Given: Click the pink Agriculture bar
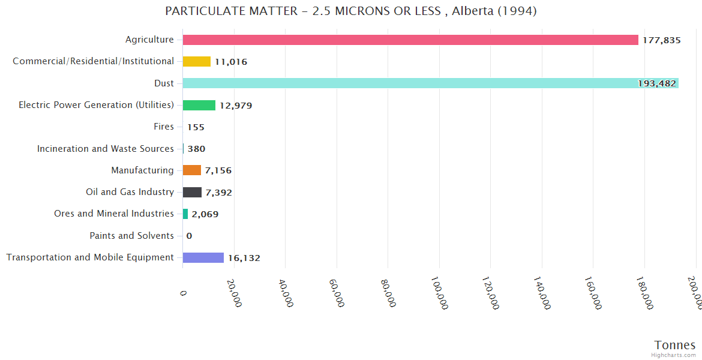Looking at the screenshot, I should [410, 40].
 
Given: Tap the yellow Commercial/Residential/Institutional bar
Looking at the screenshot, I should [197, 61].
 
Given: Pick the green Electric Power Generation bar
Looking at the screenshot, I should [199, 105].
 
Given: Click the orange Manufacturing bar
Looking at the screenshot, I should [192, 170].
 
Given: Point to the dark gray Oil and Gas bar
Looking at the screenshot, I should [192, 192].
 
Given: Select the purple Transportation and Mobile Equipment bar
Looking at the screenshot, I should [203, 257].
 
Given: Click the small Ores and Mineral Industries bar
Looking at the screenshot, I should [185, 214].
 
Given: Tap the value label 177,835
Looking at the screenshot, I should [662, 40].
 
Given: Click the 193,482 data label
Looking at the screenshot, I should [657, 84].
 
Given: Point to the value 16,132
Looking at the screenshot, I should [244, 258].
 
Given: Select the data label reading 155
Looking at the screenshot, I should [196, 127].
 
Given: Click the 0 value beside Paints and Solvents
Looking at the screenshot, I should [189, 236].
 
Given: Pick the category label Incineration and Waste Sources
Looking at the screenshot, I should [106, 148].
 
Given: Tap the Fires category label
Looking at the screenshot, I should [164, 127].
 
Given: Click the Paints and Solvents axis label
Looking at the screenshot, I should [132, 236].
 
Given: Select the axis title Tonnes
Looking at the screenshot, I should [675, 345].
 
